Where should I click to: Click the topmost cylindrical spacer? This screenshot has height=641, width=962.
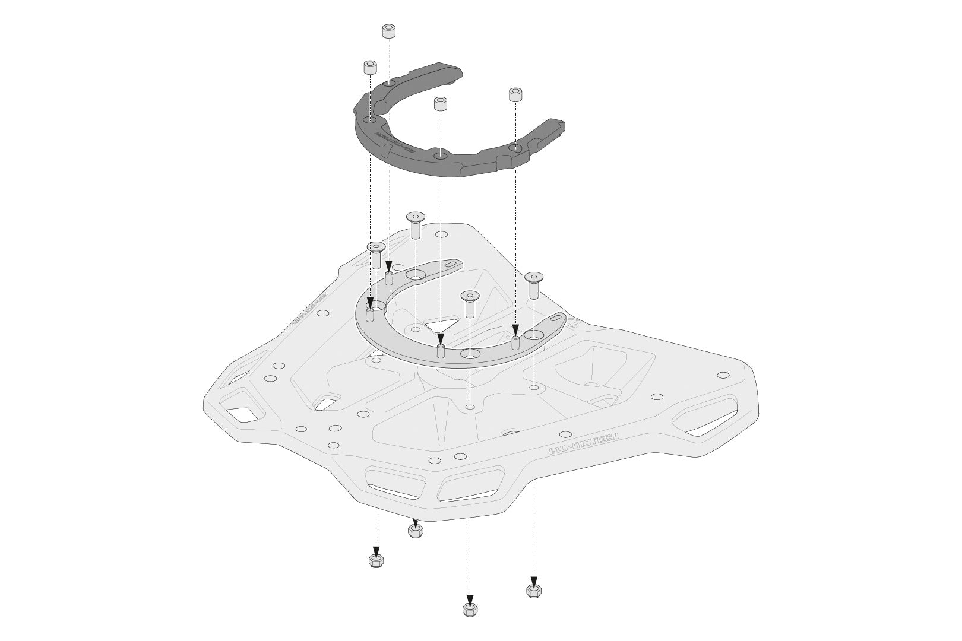click(x=389, y=31)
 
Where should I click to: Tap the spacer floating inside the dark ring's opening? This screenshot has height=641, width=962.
click(x=440, y=105)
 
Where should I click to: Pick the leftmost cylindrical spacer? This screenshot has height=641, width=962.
click(x=370, y=67)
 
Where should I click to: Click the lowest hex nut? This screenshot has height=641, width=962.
click(x=470, y=610)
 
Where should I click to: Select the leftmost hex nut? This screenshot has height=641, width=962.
click(x=375, y=560)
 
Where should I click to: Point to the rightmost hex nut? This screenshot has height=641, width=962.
click(x=533, y=591)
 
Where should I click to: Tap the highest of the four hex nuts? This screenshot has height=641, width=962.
click(x=415, y=529)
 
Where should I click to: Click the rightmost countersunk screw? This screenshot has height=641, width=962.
click(x=534, y=284)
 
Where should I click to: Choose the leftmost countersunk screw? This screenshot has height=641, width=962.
click(x=375, y=253)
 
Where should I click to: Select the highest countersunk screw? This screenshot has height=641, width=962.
click(x=416, y=224)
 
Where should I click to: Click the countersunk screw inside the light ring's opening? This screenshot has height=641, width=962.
click(x=470, y=302)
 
